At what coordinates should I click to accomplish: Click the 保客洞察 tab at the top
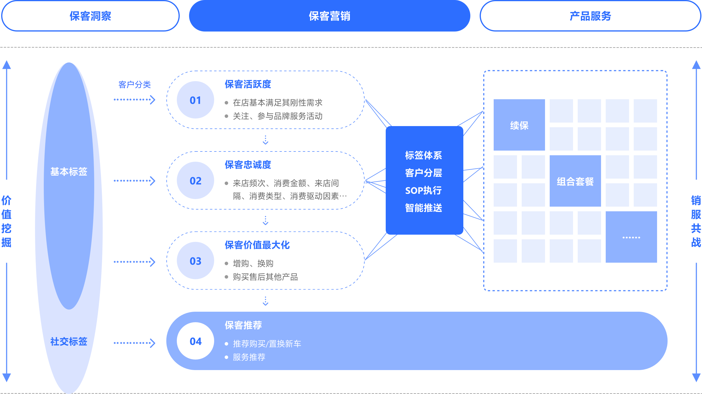pos(90,16)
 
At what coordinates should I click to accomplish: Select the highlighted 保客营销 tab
pos(329,16)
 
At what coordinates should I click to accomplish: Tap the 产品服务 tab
pos(590,16)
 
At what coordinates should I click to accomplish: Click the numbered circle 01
pos(195,100)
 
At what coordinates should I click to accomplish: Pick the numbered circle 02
pos(195,181)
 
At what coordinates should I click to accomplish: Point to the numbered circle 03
pos(195,261)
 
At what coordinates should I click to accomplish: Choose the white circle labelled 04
pos(195,341)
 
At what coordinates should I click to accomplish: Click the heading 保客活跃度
pos(248,84)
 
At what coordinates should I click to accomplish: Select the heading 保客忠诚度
pos(248,165)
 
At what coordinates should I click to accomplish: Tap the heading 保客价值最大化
pos(257,245)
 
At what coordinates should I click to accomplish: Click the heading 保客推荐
pos(243,325)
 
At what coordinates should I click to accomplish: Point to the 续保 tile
pos(519,125)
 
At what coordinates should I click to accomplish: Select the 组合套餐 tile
pos(575,181)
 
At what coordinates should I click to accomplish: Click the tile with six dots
pos(631,237)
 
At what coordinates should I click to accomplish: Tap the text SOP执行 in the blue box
pos(423,191)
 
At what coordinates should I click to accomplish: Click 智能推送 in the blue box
pos(423,208)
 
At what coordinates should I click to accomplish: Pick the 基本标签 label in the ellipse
pos(69,172)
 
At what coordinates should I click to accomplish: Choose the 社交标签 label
pos(69,341)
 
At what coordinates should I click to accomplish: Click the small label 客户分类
pos(135,85)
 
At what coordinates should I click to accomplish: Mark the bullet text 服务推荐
pos(249,357)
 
